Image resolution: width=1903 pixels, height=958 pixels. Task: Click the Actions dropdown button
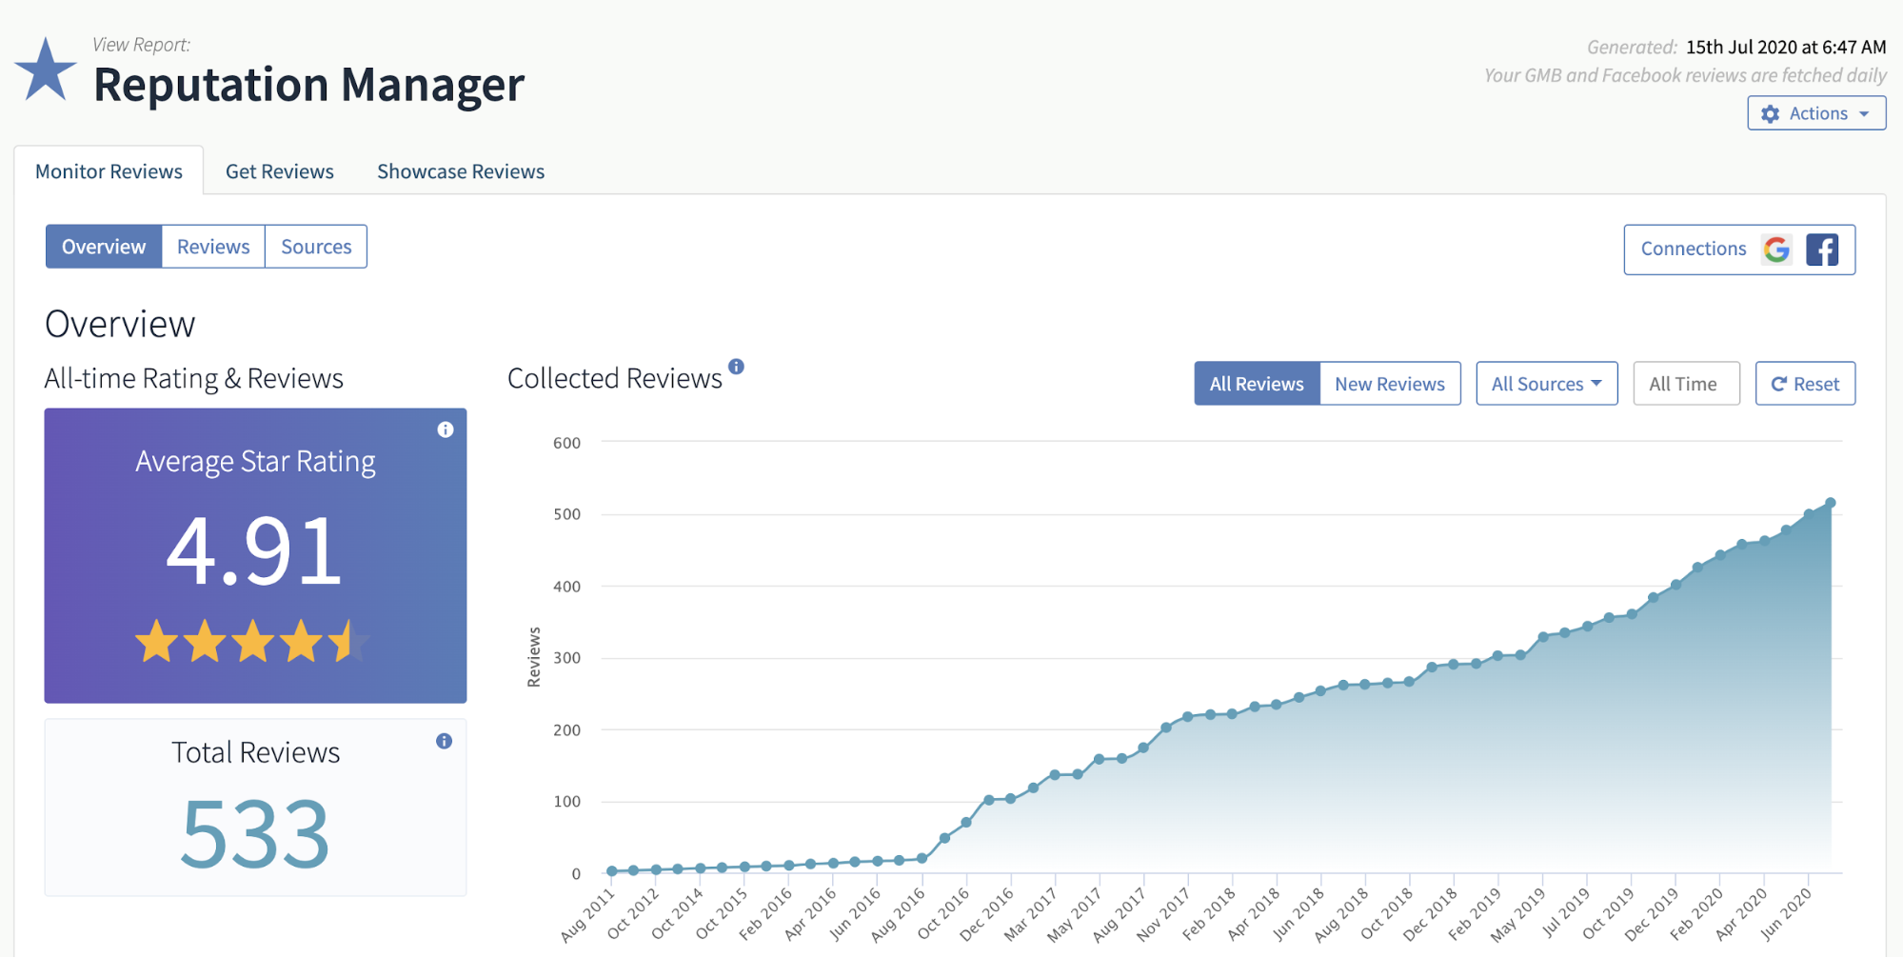pyautogui.click(x=1815, y=113)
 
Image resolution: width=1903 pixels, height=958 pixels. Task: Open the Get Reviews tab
pyautogui.click(x=279, y=171)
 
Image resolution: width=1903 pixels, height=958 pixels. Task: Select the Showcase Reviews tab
pyautogui.click(x=461, y=171)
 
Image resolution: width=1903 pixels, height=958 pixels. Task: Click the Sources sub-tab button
pyautogui.click(x=316, y=247)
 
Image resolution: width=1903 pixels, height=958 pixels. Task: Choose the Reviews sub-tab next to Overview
pyautogui.click(x=213, y=247)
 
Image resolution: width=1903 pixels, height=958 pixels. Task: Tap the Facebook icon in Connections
pyautogui.click(x=1822, y=249)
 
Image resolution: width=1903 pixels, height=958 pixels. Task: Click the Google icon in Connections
pyautogui.click(x=1776, y=249)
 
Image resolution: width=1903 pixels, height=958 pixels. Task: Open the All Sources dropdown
pyautogui.click(x=1546, y=384)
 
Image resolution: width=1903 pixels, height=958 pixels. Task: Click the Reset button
pyautogui.click(x=1805, y=384)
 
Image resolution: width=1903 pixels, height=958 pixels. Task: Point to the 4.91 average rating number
pyautogui.click(x=254, y=550)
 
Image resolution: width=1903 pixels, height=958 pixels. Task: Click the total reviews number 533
pyautogui.click(x=255, y=834)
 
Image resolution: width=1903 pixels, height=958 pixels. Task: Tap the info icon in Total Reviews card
pyautogui.click(x=444, y=741)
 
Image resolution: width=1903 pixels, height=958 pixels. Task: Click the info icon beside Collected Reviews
pyautogui.click(x=736, y=367)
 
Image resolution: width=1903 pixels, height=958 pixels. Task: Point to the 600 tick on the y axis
pyautogui.click(x=566, y=443)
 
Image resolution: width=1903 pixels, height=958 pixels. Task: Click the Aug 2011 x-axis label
pyautogui.click(x=587, y=915)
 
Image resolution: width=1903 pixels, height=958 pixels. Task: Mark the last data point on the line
pyautogui.click(x=1830, y=503)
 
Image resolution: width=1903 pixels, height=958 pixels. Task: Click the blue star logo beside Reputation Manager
pyautogui.click(x=45, y=71)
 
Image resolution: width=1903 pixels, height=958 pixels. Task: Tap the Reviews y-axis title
pyautogui.click(x=534, y=657)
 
